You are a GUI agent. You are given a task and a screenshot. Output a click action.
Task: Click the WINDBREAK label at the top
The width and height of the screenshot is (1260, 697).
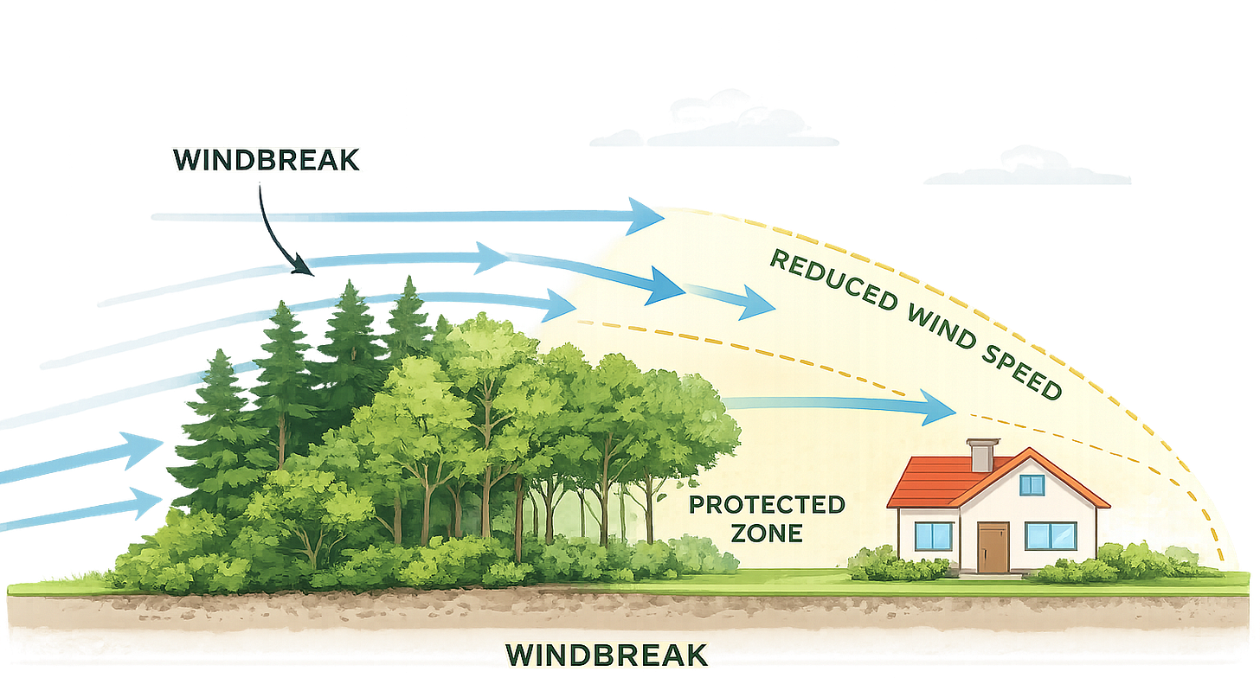266,160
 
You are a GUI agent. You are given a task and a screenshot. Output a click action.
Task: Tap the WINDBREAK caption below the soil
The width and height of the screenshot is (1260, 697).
605,655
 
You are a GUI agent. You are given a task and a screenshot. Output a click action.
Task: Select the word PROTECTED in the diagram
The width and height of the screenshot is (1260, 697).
767,505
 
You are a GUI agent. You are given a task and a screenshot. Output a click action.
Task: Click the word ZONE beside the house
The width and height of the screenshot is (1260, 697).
767,533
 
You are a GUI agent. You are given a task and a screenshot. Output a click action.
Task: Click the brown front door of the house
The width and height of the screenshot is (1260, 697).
993,547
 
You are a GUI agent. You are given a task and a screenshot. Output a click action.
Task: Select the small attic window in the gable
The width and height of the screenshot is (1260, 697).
1032,485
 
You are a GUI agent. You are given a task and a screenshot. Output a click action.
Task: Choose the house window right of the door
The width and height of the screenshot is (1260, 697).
1051,536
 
